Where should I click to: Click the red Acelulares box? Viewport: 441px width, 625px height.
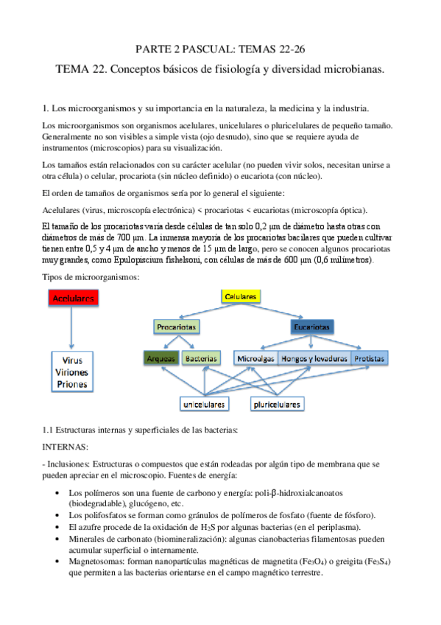coord(73,298)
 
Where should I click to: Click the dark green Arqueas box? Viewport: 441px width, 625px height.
coord(161,358)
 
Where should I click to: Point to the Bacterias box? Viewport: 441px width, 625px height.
coord(201,358)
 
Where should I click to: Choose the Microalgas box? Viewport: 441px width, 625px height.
coord(255,358)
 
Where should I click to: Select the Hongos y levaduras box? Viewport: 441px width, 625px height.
coord(312,358)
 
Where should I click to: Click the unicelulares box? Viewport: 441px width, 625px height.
coord(205,404)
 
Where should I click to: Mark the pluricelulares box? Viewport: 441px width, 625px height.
coord(278,404)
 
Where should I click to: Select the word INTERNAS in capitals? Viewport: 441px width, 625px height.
coord(68,447)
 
